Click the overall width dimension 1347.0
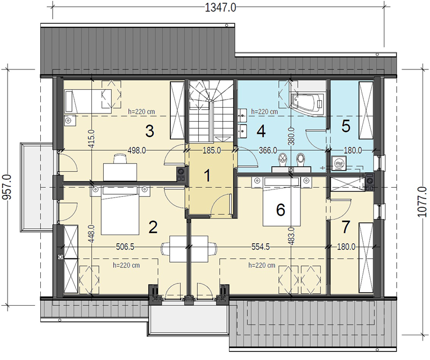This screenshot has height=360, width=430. [220, 8]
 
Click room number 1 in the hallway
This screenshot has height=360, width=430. [207, 175]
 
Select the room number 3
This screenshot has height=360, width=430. [149, 131]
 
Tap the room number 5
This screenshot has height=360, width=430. [346, 126]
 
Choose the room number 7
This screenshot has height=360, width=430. [346, 227]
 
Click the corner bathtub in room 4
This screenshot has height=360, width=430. [307, 103]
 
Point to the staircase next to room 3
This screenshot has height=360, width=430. [211, 111]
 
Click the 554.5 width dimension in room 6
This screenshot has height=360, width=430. [261, 247]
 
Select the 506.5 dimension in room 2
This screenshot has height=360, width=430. [125, 247]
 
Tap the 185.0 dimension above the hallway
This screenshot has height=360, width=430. [211, 151]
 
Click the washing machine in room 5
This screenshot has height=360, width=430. [339, 163]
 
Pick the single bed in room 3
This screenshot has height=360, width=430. [88, 101]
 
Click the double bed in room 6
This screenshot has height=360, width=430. [281, 202]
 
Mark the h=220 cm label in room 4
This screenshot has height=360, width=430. [264, 112]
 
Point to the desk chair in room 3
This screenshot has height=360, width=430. [120, 159]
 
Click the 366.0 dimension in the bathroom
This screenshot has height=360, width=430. [268, 151]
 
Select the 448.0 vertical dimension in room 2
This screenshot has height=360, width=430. [91, 234]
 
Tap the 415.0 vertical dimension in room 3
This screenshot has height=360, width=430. [91, 139]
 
